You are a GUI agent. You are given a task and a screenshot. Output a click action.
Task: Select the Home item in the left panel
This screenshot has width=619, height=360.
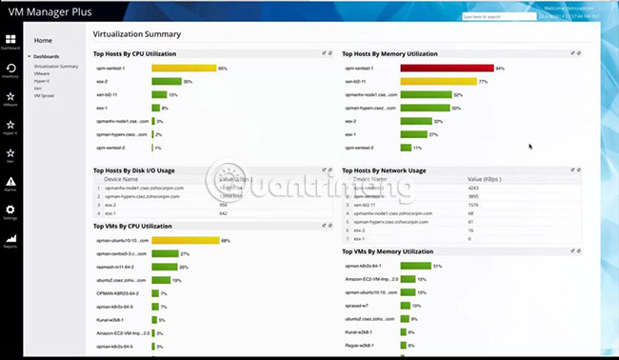(x=43, y=40)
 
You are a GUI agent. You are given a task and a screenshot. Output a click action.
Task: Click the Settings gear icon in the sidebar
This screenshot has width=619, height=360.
(x=10, y=213)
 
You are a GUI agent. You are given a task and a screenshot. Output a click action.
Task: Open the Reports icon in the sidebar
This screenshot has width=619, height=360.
(x=10, y=241)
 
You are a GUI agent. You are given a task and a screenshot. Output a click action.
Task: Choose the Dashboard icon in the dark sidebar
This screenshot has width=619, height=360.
(x=11, y=42)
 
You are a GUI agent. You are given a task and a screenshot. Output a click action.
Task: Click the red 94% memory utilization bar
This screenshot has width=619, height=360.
(x=447, y=69)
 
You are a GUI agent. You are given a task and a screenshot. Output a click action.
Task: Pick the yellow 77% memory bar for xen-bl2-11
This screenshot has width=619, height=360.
(x=438, y=82)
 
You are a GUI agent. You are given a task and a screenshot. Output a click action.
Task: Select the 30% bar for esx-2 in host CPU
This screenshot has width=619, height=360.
(x=166, y=82)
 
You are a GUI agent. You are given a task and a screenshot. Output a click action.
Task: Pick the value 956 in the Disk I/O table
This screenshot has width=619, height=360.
(x=224, y=205)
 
